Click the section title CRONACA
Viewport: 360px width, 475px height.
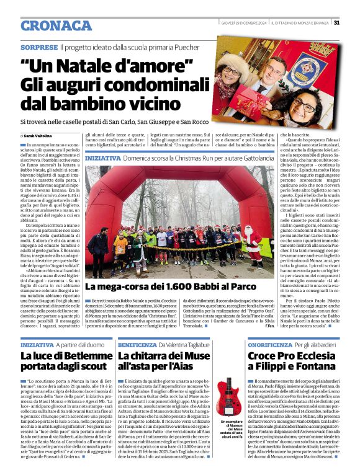(56, 25)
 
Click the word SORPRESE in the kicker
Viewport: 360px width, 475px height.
(39, 47)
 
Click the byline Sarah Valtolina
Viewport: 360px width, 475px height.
(39, 135)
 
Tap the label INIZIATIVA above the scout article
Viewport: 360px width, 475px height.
(37, 344)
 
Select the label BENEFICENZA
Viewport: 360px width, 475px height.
(137, 344)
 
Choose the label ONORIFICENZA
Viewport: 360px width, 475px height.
(269, 344)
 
